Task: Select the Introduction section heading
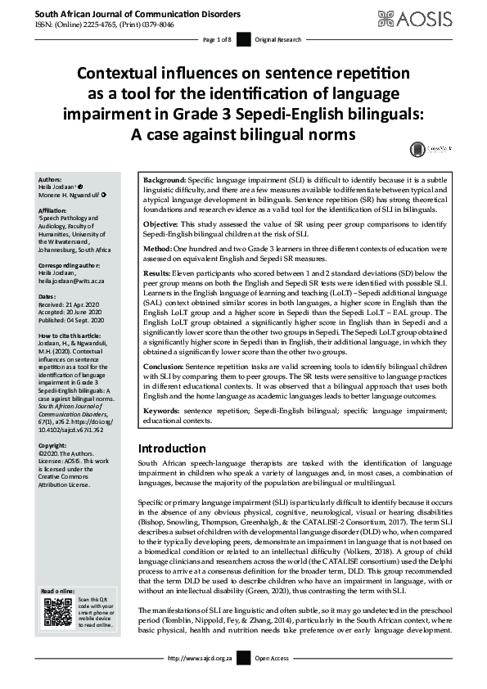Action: (172, 448)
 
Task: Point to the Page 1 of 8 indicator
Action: (218, 39)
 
